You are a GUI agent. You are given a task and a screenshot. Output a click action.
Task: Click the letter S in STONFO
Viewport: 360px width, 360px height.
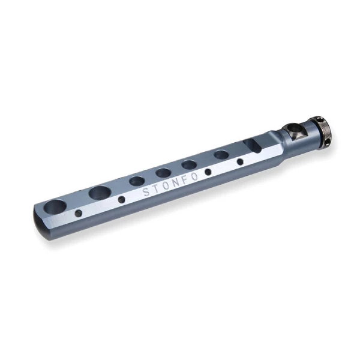(x=146, y=192)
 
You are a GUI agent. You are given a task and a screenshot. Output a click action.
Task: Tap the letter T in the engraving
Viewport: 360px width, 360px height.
(x=155, y=189)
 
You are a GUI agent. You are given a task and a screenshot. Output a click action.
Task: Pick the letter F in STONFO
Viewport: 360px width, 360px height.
(x=185, y=179)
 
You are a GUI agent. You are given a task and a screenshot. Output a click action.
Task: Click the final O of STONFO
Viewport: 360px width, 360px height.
(x=194, y=176)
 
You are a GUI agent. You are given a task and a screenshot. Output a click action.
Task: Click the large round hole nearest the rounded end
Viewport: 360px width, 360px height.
(x=55, y=206)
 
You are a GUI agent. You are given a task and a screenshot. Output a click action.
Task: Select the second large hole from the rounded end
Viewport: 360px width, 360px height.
(x=100, y=193)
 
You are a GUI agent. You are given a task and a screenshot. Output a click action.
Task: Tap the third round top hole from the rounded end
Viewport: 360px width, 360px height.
(x=137, y=181)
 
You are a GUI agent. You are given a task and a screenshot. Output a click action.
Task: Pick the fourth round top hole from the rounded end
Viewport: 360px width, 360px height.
(x=163, y=173)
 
